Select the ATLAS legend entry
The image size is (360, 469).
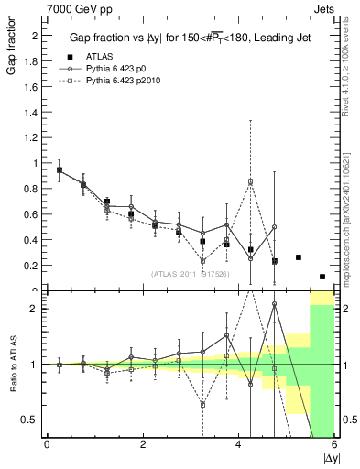pos(103,57)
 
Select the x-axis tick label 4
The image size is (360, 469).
pos(239,444)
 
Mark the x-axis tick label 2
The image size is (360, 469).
pos(143,444)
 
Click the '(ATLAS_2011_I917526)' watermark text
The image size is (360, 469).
pos(190,273)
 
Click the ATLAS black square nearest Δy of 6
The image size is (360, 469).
pos(322,277)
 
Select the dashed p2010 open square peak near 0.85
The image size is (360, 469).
pos(250,181)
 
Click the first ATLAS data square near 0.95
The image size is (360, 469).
pos(60,170)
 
